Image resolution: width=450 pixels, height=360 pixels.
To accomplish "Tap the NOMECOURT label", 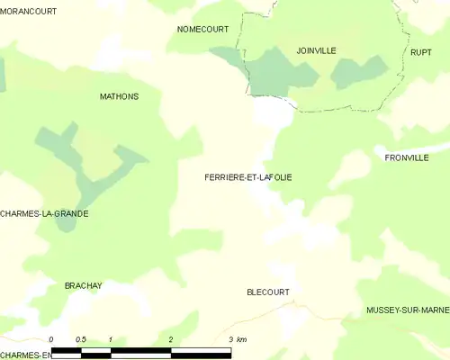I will [x=202, y=29].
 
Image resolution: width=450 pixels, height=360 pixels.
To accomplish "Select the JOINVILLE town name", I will [x=316, y=50].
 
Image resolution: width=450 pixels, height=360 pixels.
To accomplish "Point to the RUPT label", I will [x=421, y=52].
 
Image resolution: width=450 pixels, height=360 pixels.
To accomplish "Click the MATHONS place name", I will [x=119, y=95].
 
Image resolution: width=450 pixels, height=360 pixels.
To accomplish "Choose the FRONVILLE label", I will [x=406, y=157].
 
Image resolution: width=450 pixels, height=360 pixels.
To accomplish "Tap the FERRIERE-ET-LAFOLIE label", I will [x=248, y=177].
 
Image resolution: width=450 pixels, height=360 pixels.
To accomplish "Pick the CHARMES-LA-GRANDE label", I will [x=44, y=214].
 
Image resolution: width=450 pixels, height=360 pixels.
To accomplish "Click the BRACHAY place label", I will [x=84, y=285].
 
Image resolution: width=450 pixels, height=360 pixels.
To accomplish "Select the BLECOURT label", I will [x=268, y=292].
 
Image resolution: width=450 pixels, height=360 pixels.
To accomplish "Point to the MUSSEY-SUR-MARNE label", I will [x=408, y=310].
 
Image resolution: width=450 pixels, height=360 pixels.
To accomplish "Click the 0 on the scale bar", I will [x=51, y=339].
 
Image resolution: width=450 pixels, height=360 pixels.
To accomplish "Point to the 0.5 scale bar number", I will [x=80, y=339].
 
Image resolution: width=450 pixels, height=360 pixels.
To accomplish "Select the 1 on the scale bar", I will [x=110, y=339].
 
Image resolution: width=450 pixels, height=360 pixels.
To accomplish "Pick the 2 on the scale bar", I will [x=170, y=339].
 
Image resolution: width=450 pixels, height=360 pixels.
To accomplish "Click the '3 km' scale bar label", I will [x=238, y=339].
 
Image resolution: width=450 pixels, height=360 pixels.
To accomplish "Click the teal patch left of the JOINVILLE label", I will [x=270, y=72].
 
